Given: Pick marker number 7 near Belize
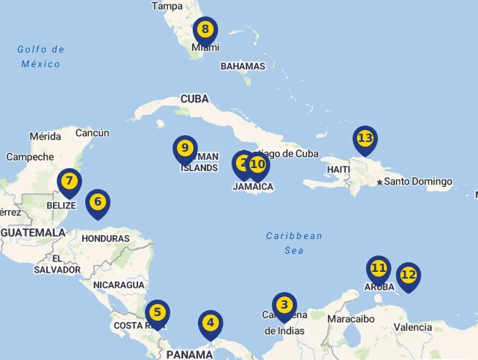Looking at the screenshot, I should tap(69, 181).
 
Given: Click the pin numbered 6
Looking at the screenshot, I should tap(97, 202).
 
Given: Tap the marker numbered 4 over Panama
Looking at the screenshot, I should tap(211, 324).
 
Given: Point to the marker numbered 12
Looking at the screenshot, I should tap(408, 276).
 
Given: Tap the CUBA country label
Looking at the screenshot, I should tap(194, 99).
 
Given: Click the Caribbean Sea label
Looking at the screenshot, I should tap(294, 243).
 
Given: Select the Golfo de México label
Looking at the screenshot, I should tap(41, 57).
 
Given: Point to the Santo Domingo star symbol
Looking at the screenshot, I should tap(379, 182).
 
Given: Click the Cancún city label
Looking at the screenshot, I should tap(93, 133).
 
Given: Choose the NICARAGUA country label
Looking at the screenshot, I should tap(119, 285).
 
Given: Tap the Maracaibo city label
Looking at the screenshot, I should tap(350, 319).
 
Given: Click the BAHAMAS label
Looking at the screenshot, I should tap(243, 66).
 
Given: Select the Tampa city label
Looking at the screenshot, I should tap(167, 6).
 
